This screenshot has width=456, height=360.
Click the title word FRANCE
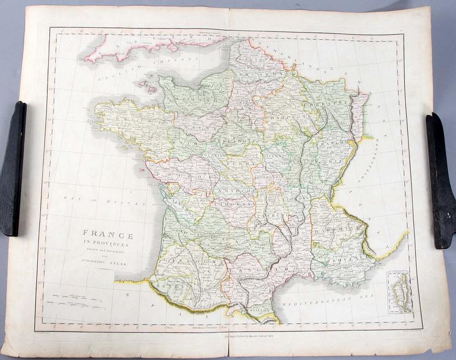107,235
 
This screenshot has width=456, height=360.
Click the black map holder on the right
441,179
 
